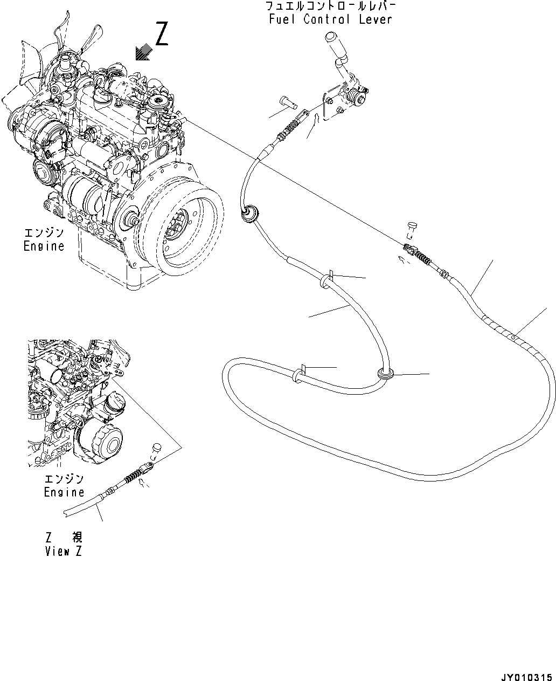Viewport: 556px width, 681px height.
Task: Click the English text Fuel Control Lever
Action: (330, 19)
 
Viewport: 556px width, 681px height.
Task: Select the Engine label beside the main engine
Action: (44, 246)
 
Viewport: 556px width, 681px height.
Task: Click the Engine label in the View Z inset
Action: (64, 492)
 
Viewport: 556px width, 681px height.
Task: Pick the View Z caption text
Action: (64, 551)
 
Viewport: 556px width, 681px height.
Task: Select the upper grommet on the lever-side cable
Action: (249, 214)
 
